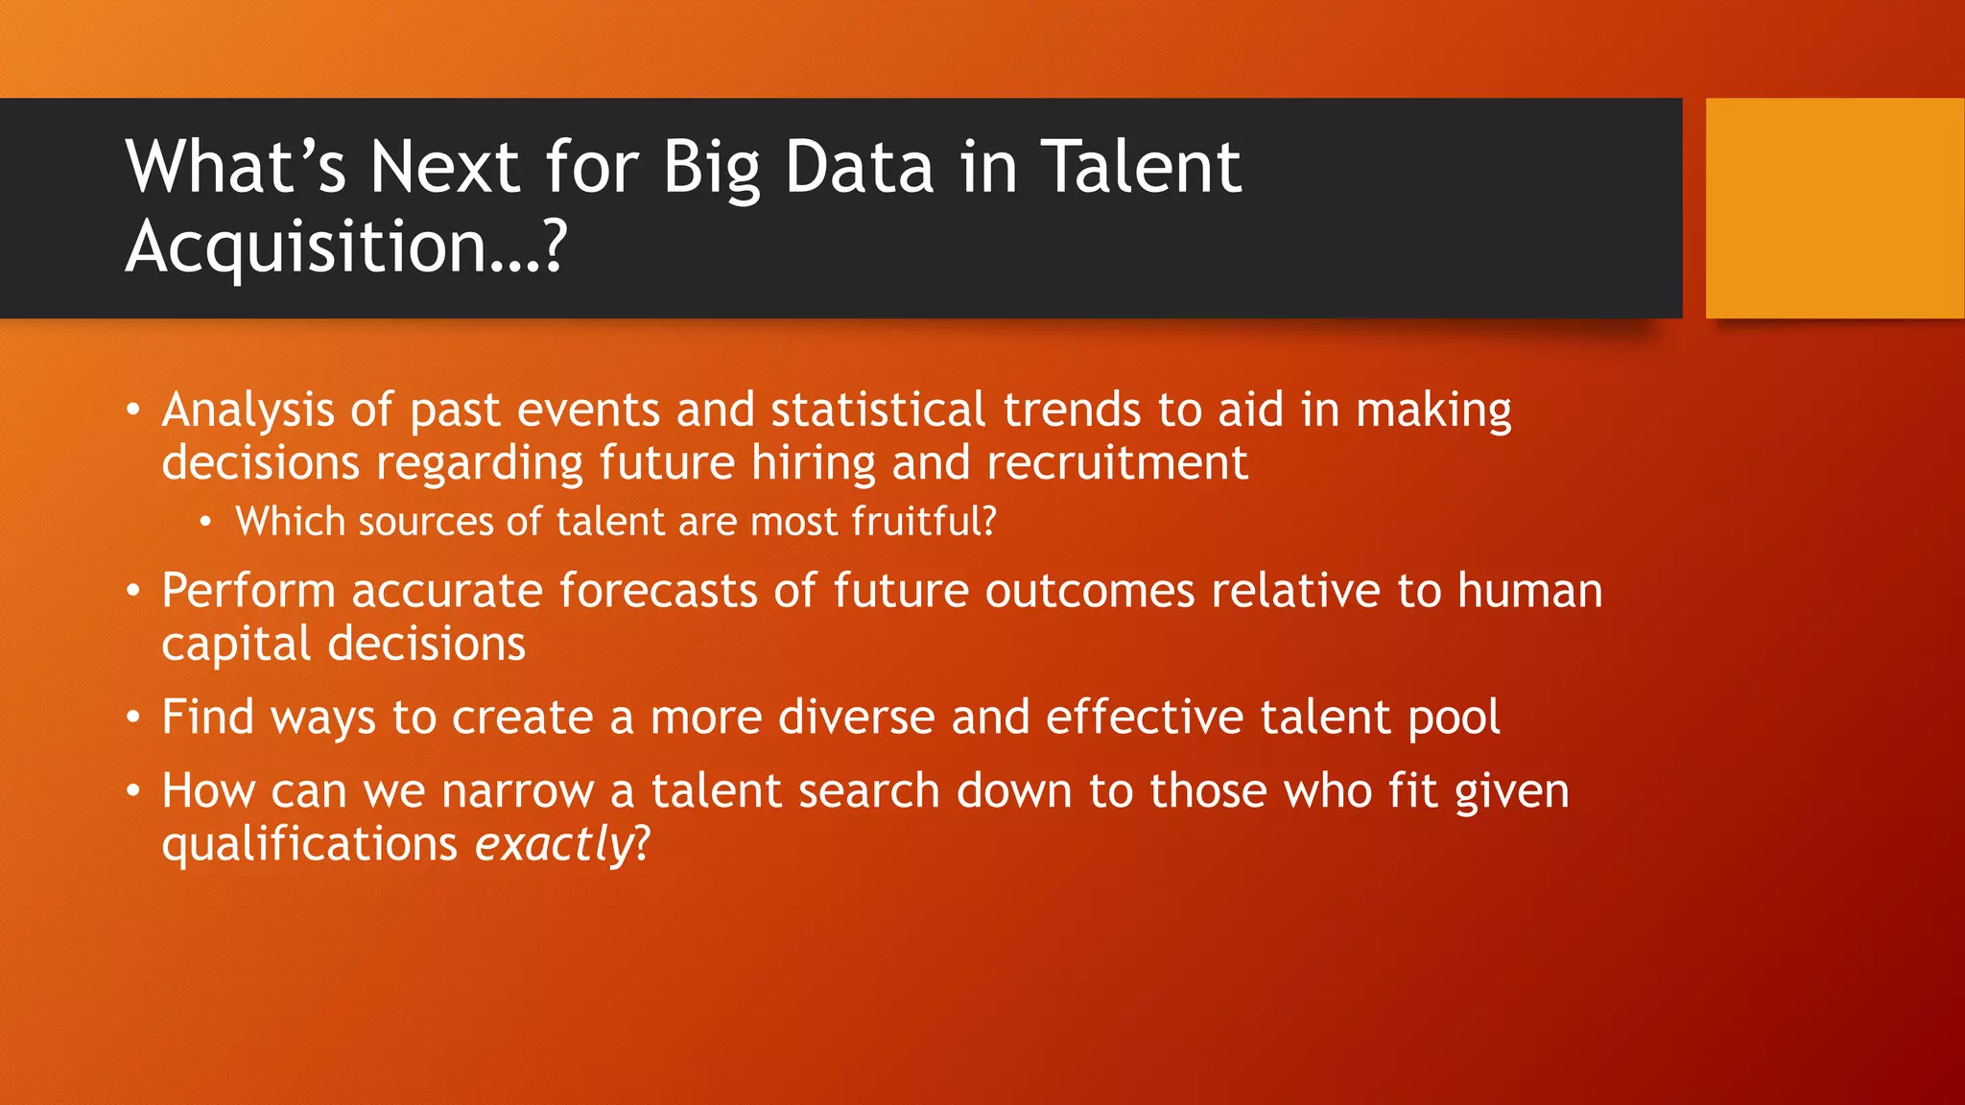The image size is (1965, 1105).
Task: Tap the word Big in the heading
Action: click(x=711, y=168)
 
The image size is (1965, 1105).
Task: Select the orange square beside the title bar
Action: click(x=1835, y=207)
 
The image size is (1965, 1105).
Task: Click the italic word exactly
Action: click(x=553, y=844)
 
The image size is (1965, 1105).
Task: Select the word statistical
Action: click(x=878, y=410)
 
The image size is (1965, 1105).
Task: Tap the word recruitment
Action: click(x=1117, y=463)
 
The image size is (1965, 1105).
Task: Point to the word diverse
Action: click(x=856, y=717)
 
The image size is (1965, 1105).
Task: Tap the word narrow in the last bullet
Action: click(x=517, y=791)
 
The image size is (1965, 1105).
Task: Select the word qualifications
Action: click(x=309, y=844)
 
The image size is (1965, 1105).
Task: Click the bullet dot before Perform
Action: click(x=134, y=591)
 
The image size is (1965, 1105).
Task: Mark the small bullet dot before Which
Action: click(x=205, y=523)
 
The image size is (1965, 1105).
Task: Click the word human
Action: click(x=1529, y=590)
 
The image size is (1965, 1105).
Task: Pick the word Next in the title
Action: click(x=444, y=168)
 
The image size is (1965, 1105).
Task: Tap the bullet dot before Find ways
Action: click(x=134, y=717)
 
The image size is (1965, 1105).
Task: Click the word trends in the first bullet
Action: click(x=1072, y=410)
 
